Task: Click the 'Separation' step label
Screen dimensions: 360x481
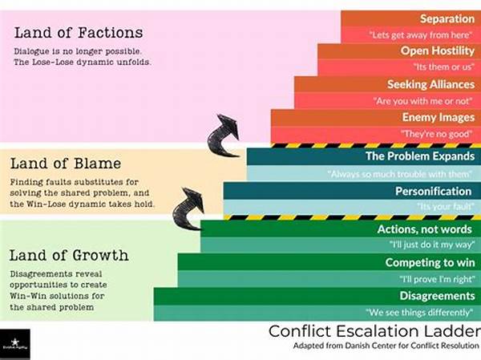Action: point(446,18)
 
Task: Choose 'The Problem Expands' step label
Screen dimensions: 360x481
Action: point(418,156)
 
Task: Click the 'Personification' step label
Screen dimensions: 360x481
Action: point(433,191)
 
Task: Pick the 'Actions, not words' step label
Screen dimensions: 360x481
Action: point(426,230)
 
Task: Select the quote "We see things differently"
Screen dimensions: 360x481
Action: point(418,312)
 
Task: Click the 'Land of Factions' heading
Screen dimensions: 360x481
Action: point(79,33)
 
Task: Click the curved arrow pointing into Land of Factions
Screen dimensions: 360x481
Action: point(227,133)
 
